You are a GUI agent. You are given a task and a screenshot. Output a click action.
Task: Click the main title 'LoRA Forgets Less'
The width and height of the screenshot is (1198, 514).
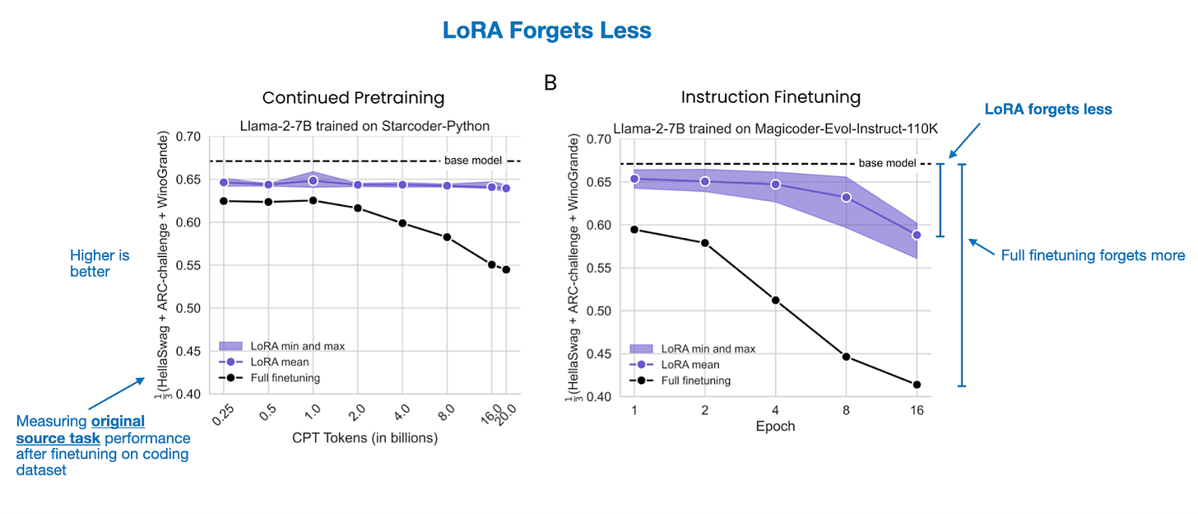tap(546, 30)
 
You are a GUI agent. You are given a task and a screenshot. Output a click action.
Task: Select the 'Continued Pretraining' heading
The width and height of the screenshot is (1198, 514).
tap(353, 97)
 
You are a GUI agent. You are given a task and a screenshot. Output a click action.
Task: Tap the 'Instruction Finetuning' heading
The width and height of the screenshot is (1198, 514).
tap(770, 96)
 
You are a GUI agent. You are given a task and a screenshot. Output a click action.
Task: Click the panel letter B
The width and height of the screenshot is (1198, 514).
tap(550, 82)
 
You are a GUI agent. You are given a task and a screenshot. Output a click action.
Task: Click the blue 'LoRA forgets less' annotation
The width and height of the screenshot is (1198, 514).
tap(1048, 109)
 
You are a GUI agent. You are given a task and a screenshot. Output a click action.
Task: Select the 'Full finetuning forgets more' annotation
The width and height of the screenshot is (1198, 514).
tap(1092, 255)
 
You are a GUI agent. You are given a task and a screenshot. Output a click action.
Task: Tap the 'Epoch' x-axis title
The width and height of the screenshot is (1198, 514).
tap(775, 427)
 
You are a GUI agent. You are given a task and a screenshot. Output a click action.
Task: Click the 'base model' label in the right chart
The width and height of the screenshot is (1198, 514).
tap(887, 163)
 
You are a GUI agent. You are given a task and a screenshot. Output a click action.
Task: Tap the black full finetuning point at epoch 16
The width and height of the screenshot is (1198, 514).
tap(917, 385)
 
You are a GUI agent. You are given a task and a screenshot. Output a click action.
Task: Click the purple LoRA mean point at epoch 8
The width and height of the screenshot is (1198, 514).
tap(846, 197)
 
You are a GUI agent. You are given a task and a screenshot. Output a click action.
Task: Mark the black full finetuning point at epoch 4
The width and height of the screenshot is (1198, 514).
tap(775, 300)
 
